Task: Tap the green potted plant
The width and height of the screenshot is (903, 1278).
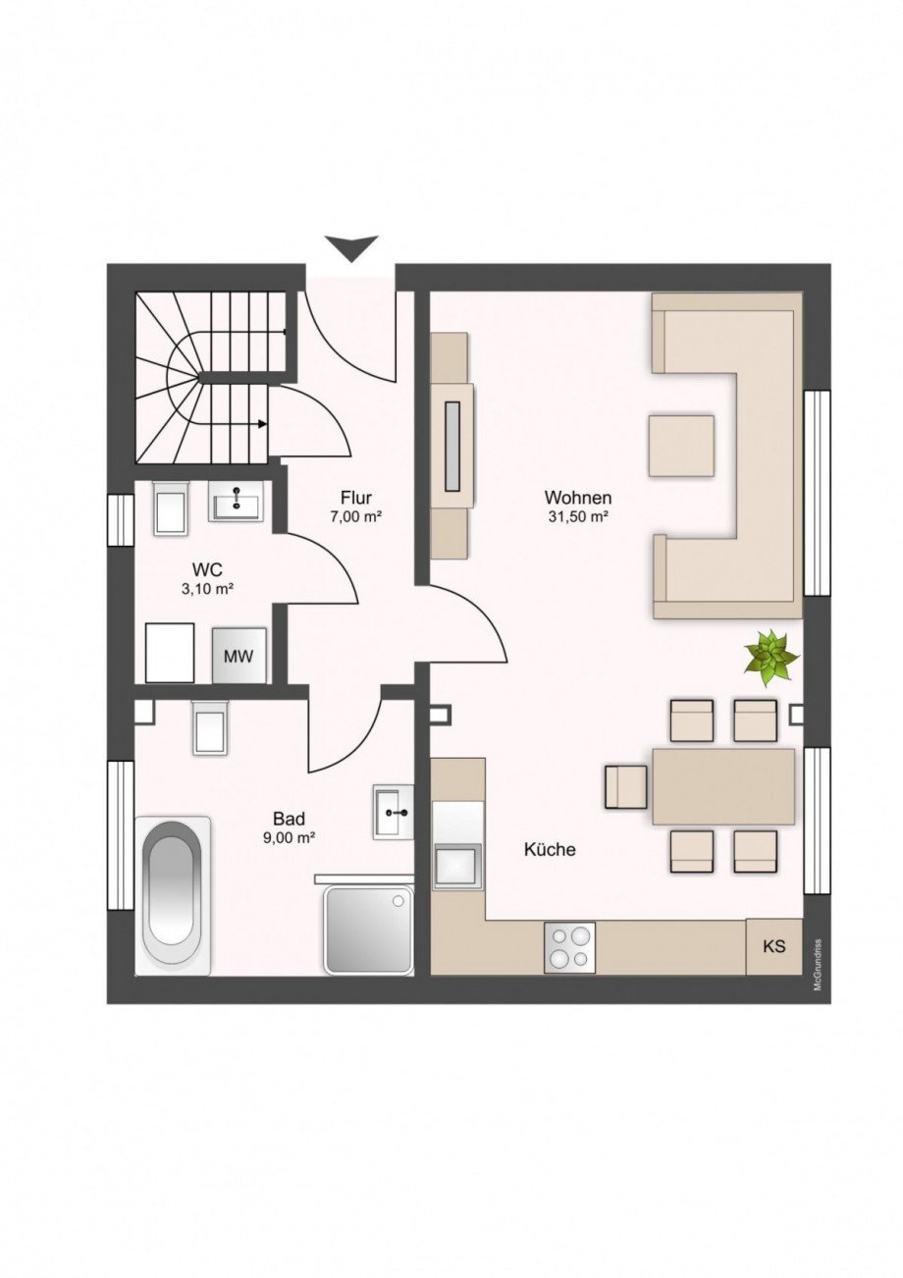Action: click(x=772, y=658)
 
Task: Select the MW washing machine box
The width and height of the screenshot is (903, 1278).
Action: click(x=239, y=656)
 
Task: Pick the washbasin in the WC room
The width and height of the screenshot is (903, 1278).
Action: click(x=236, y=502)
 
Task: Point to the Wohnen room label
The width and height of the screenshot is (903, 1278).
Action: click(x=578, y=497)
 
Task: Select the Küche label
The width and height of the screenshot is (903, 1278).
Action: click(x=550, y=849)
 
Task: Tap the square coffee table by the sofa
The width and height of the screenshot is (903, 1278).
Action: click(x=681, y=446)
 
